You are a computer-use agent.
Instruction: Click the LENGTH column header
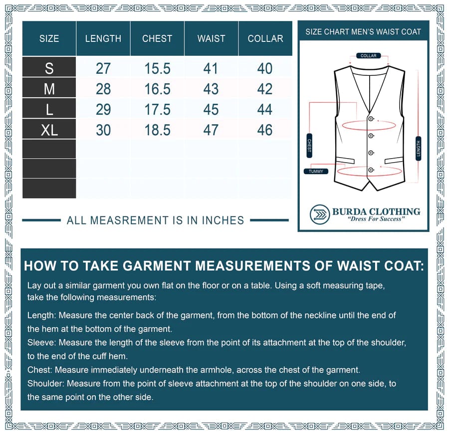click(x=103, y=38)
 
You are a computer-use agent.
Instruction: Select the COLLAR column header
click(x=265, y=38)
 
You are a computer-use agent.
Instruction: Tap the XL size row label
click(x=49, y=130)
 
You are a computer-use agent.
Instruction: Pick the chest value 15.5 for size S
click(x=157, y=68)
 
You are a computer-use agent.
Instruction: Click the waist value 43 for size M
click(x=211, y=89)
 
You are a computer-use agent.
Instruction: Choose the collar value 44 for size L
click(x=265, y=109)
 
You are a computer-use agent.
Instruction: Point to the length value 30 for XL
click(x=103, y=130)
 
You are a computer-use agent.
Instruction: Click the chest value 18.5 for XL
click(x=157, y=130)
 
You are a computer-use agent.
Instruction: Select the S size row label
click(x=49, y=68)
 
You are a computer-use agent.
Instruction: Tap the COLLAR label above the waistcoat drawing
click(x=369, y=56)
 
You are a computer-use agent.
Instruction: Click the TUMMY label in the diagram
click(x=316, y=171)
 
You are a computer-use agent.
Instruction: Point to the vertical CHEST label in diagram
click(x=309, y=146)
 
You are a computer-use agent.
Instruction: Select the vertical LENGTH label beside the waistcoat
click(x=418, y=148)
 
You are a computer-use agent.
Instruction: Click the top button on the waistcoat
click(x=371, y=118)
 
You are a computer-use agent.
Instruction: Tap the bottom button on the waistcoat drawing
click(x=371, y=171)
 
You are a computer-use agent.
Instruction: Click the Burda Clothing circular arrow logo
click(x=319, y=215)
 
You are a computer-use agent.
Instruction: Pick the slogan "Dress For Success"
click(x=376, y=219)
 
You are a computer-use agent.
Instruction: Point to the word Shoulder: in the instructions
click(x=45, y=384)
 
